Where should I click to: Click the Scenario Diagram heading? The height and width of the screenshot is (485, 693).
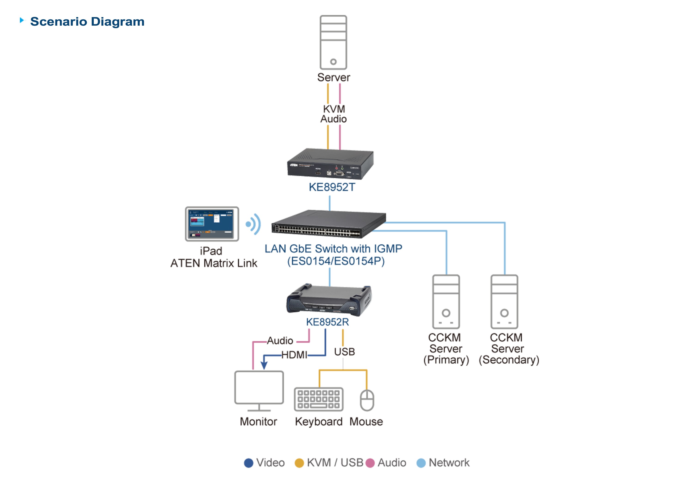coord(87,22)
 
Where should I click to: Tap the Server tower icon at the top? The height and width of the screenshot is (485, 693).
coord(333,42)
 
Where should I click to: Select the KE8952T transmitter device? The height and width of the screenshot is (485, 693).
coord(330,164)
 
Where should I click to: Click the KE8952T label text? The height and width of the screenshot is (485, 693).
coord(332,187)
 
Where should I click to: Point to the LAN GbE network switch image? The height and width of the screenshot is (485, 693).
coord(328,224)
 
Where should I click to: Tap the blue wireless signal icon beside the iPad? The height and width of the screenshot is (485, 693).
coord(253,224)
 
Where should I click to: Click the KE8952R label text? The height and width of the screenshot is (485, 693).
coord(328,322)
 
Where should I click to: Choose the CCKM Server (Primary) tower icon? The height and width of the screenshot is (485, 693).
coord(446,301)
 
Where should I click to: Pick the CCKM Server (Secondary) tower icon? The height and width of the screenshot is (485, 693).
coord(504,301)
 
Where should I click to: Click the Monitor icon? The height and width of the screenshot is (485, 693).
coord(259,391)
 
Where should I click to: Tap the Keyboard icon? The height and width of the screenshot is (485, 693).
coord(318,399)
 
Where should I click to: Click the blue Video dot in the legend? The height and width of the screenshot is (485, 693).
coord(248,463)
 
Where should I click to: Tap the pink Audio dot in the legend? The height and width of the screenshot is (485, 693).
coord(370,463)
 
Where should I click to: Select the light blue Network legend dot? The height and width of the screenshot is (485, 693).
coord(421,463)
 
